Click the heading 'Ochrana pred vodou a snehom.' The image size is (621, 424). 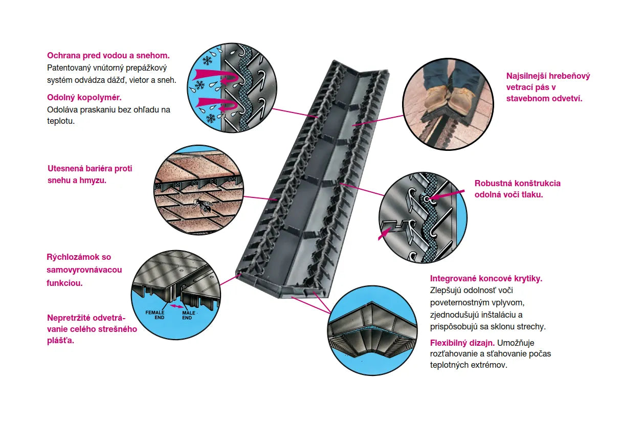pos(108,55)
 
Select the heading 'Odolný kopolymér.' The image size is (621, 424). pos(84,97)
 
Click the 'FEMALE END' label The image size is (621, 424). pos(155,315)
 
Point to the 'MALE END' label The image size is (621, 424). pos(188,315)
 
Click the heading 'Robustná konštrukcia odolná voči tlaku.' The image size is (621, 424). pos(517,188)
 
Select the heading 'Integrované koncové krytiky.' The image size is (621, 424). pos(486,278)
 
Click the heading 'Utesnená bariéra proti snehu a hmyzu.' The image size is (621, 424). pos(90,174)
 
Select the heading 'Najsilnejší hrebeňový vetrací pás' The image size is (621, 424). pos(548,87)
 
